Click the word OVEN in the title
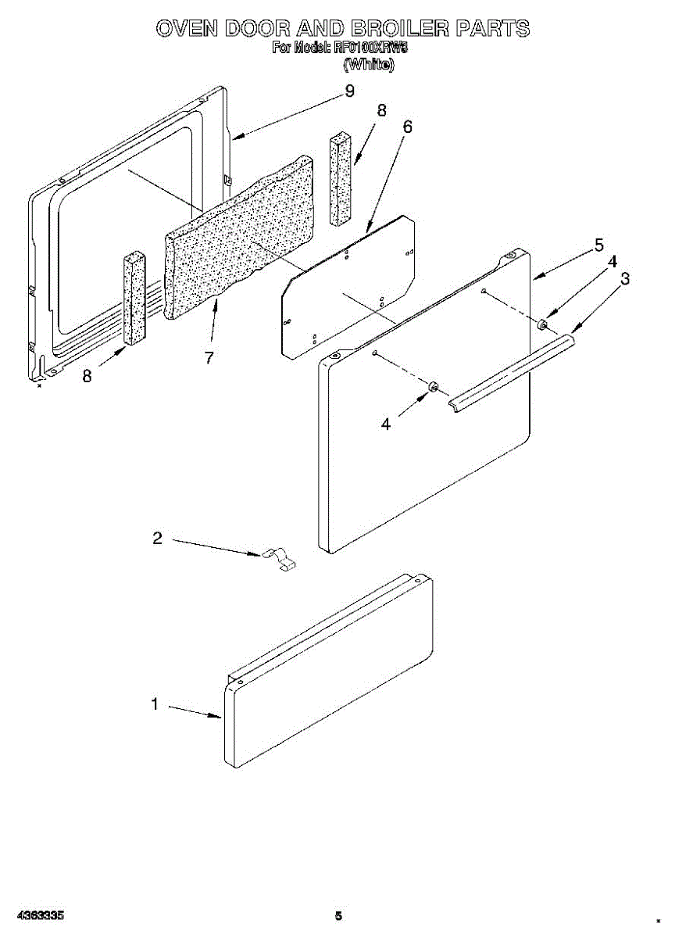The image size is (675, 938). [187, 30]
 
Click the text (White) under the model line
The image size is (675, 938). [369, 64]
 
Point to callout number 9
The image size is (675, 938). [349, 91]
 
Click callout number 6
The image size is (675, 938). [407, 127]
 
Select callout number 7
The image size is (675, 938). [209, 358]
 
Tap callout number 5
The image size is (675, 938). [598, 245]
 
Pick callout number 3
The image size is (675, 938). [625, 278]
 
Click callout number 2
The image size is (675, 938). [158, 538]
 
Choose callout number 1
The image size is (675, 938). [155, 704]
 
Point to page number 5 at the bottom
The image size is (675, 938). [338, 915]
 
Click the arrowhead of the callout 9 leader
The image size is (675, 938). [235, 138]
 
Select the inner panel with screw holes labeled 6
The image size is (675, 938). [348, 289]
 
